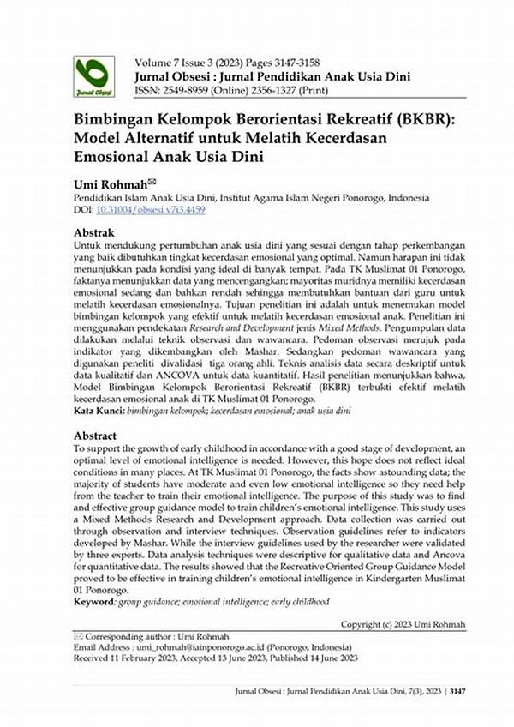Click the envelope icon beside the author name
152,180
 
